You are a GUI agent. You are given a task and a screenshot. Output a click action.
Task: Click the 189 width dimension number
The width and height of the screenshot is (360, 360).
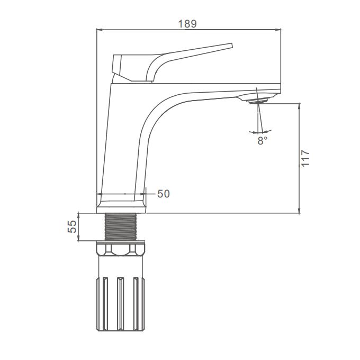[x=187, y=24]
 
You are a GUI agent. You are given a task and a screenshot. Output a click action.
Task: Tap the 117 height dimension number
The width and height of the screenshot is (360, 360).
[x=305, y=158]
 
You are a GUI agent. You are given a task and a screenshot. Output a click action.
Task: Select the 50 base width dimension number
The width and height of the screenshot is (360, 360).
[x=164, y=194]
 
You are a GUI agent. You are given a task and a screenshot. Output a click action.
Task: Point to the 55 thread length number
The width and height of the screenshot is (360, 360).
[x=72, y=227]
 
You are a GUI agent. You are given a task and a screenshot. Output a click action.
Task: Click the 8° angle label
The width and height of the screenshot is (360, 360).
[x=262, y=140]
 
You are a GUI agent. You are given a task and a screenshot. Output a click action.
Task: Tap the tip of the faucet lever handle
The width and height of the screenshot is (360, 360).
[x=231, y=46]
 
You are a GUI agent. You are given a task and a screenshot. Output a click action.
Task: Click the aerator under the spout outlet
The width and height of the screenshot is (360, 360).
[x=259, y=101]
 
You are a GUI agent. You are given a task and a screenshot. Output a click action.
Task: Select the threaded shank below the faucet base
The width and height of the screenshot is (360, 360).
[x=121, y=227]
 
